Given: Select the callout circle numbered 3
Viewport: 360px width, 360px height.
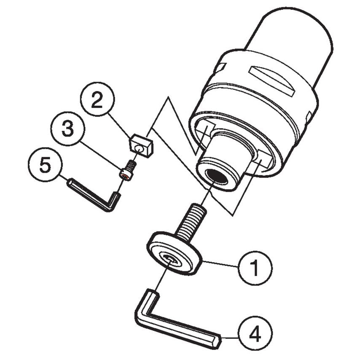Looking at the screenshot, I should pyautogui.click(x=67, y=129).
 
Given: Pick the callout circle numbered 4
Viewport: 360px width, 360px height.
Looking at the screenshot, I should pyautogui.click(x=255, y=335).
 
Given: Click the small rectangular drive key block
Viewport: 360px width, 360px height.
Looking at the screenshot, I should pyautogui.click(x=140, y=144).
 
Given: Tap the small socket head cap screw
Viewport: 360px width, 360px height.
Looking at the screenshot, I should pyautogui.click(x=128, y=169).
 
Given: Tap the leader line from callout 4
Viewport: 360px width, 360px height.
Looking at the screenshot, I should pyautogui.click(x=230, y=337).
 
